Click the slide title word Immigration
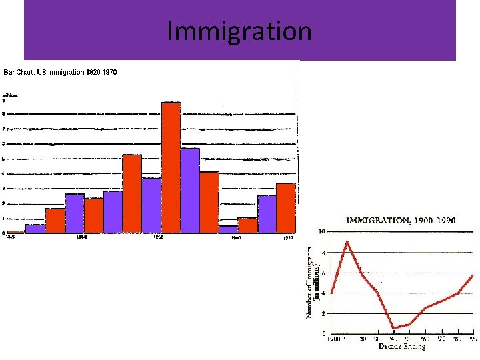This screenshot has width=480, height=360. click(239, 31)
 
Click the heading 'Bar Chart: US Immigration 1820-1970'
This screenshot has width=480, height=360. click(60, 72)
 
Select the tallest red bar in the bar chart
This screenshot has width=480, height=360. click(171, 167)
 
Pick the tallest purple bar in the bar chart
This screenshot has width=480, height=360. click(190, 190)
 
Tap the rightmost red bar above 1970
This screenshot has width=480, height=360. click(285, 207)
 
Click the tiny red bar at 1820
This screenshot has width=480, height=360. click(16, 231)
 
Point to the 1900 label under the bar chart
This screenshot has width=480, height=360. click(159, 237)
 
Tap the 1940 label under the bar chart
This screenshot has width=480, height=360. click(235, 237)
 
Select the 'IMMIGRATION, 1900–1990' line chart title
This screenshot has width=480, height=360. click(400, 220)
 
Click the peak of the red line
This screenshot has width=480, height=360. click(347, 241)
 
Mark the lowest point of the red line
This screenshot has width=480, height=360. click(393, 327)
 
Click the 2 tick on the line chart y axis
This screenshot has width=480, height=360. click(323, 313)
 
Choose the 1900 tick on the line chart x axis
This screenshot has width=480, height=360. click(333, 339)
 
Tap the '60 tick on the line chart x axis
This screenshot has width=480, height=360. click(425, 339)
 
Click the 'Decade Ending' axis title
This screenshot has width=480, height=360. click(401, 347)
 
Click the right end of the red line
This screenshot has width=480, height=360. click(473, 274)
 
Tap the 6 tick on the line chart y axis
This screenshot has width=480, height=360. click(323, 273)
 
